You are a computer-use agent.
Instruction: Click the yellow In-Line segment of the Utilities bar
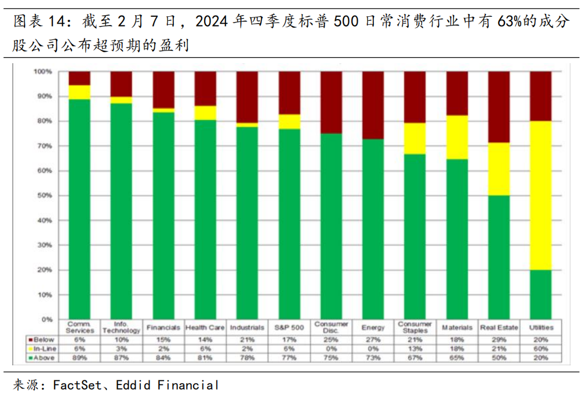540,195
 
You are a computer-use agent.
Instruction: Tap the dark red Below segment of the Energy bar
373,105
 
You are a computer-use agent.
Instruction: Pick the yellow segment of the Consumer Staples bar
415,138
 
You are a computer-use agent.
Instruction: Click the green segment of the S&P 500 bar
289,223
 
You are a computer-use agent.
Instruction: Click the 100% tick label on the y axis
43,71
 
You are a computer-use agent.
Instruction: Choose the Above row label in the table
44,358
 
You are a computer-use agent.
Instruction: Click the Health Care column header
205,328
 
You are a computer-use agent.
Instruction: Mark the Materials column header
457,328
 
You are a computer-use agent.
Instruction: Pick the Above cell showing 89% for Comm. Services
80,358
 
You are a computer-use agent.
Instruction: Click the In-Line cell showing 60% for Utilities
541,348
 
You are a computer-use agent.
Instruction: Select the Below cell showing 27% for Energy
373,339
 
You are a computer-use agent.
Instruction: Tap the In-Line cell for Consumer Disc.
331,348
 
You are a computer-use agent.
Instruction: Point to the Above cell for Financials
163,358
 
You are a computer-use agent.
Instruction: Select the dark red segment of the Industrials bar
247,97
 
